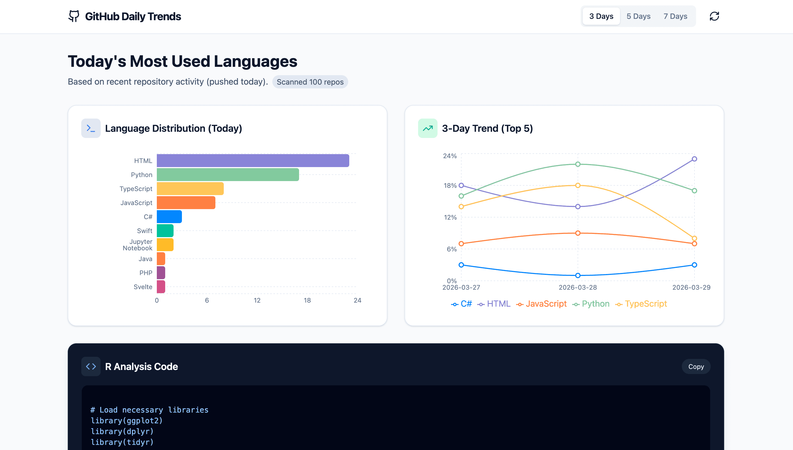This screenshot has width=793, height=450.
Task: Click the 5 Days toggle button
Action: [638, 16]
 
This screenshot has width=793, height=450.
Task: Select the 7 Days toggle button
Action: [675, 16]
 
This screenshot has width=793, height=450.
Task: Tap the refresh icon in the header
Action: [714, 16]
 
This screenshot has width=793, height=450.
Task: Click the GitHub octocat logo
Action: [74, 16]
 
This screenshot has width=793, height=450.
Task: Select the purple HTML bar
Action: [253, 161]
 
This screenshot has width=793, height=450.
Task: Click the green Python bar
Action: [228, 175]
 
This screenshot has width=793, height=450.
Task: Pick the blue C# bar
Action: [169, 217]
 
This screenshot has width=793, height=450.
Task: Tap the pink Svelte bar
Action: [161, 287]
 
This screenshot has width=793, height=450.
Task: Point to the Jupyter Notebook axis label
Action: [138, 245]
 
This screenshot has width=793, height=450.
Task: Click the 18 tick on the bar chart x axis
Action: [307, 300]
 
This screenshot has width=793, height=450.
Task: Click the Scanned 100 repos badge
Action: [310, 82]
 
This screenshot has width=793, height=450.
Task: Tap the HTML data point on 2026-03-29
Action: [694, 159]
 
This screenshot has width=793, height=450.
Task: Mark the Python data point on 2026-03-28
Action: [578, 164]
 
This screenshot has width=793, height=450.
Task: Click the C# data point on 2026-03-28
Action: [578, 275]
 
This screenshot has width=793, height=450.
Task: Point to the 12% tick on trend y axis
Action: [450, 217]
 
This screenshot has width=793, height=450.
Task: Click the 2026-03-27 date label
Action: [461, 288]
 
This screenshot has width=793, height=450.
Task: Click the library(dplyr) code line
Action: [122, 431]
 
